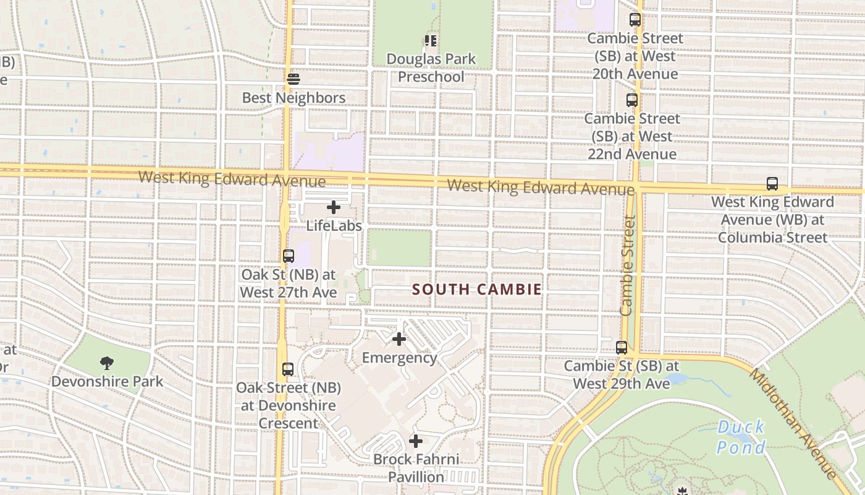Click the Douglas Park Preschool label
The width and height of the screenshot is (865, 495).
(431, 68)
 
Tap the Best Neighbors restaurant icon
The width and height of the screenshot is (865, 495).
(293, 79)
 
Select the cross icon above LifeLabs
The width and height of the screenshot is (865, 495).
(334, 207)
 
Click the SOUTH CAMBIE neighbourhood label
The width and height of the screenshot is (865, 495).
(476, 289)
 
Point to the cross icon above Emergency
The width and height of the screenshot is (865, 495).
(399, 339)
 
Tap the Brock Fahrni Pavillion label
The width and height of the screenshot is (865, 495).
(416, 468)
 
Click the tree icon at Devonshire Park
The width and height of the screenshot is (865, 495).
(107, 363)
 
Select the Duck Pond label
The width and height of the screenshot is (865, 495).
(741, 437)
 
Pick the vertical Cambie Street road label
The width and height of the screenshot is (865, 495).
(627, 265)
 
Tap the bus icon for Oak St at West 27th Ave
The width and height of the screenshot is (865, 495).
(288, 256)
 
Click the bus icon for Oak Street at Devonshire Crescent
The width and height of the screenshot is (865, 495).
(288, 369)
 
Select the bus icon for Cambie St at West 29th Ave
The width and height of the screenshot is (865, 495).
(622, 348)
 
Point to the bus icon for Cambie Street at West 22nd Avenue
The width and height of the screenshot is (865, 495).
(632, 100)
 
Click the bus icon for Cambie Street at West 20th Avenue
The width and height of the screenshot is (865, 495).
(635, 20)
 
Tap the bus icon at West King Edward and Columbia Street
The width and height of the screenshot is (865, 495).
(772, 183)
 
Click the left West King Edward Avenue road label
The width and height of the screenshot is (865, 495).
(232, 179)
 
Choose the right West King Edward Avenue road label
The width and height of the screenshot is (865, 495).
(541, 187)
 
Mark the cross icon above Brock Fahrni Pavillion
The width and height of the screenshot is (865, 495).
(416, 441)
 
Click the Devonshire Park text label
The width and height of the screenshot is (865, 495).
(107, 381)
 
